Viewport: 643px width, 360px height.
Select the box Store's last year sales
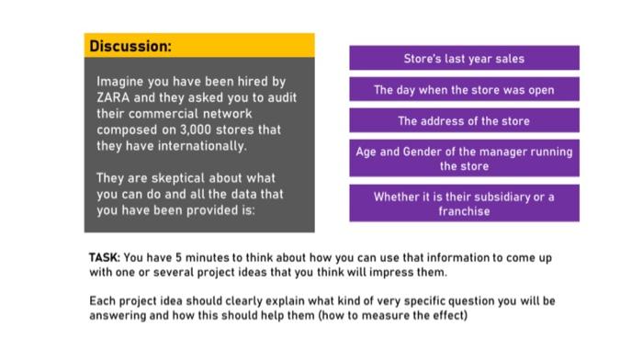[x=464, y=58]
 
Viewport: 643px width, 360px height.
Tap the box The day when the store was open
[x=464, y=90]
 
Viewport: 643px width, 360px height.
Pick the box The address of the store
[x=464, y=120]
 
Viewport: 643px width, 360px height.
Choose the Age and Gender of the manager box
[x=464, y=159]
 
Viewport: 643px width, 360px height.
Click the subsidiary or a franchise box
[x=464, y=204]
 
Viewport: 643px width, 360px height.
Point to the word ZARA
[x=113, y=97]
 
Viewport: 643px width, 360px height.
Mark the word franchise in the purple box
[x=464, y=211]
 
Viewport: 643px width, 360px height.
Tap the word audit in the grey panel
[x=281, y=97]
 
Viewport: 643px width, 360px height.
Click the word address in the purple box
[x=446, y=120]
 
